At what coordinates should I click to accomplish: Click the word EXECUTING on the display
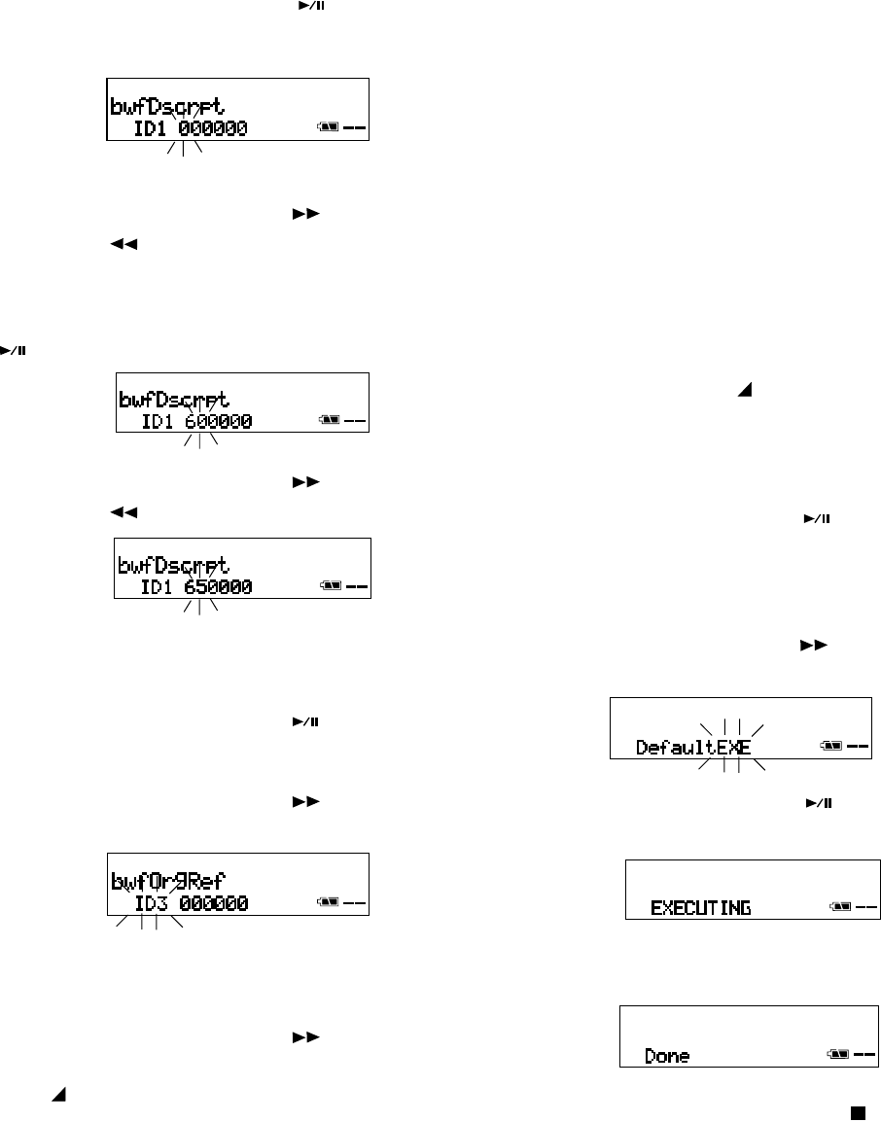tap(700, 908)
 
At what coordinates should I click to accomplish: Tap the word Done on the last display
tap(668, 1055)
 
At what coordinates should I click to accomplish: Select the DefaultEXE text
tap(694, 748)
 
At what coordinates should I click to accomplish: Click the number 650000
tap(218, 586)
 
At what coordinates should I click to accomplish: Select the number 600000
tap(218, 422)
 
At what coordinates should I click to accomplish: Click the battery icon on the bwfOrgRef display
tap(328, 904)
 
